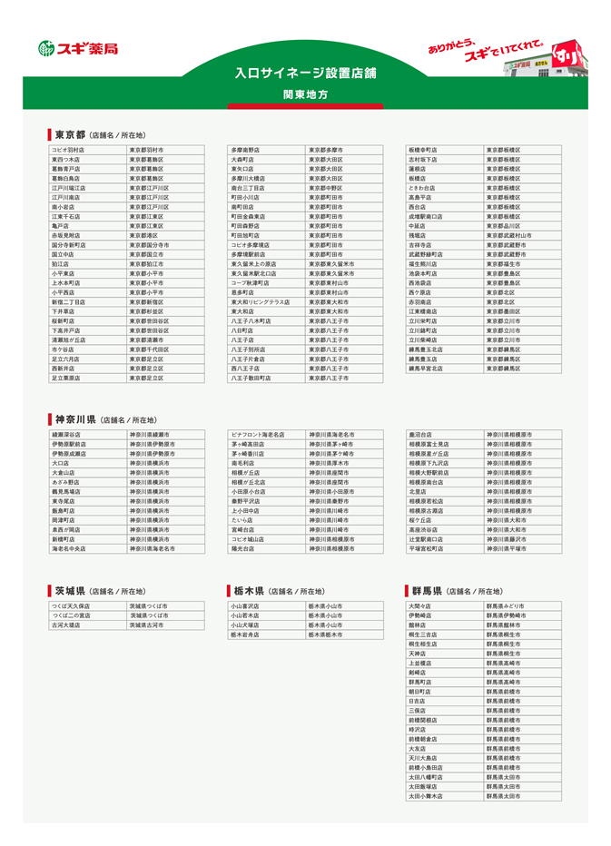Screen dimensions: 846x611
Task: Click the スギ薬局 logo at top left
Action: coord(78,48)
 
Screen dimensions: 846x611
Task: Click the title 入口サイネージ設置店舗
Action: coord(305,73)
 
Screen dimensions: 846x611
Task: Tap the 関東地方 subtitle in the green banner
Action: coord(305,94)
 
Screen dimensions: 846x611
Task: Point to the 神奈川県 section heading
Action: coord(74,419)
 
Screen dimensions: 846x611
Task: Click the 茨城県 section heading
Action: coord(69,591)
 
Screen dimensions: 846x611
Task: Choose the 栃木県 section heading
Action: coord(247,591)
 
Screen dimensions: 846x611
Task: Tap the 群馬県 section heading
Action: coord(426,591)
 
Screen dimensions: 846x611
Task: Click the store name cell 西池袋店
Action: coord(422,283)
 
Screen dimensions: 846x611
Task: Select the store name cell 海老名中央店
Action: coord(69,549)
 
